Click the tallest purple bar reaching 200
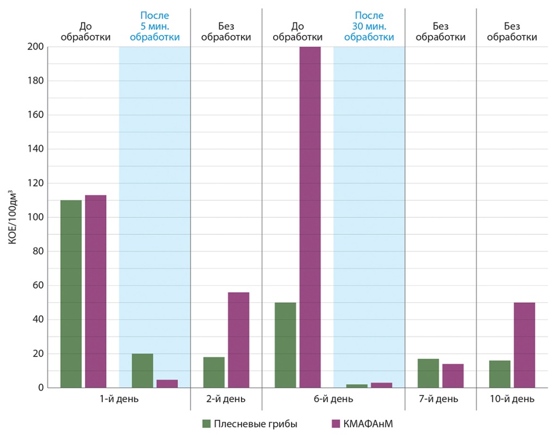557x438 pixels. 310,217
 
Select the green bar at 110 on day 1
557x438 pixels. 71,293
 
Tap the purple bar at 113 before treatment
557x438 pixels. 96,291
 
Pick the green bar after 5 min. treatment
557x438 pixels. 143,371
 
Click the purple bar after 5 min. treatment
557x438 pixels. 167,384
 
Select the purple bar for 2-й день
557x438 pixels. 238,340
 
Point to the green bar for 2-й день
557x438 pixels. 214,372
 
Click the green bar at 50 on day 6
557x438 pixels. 286,345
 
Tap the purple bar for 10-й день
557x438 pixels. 524,345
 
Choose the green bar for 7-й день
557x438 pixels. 429,373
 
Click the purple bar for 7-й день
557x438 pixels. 453,376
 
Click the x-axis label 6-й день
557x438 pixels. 333,399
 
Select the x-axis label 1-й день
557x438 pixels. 119,399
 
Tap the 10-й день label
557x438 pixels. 512,399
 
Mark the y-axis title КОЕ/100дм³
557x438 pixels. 13,217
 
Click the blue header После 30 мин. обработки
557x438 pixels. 369,26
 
